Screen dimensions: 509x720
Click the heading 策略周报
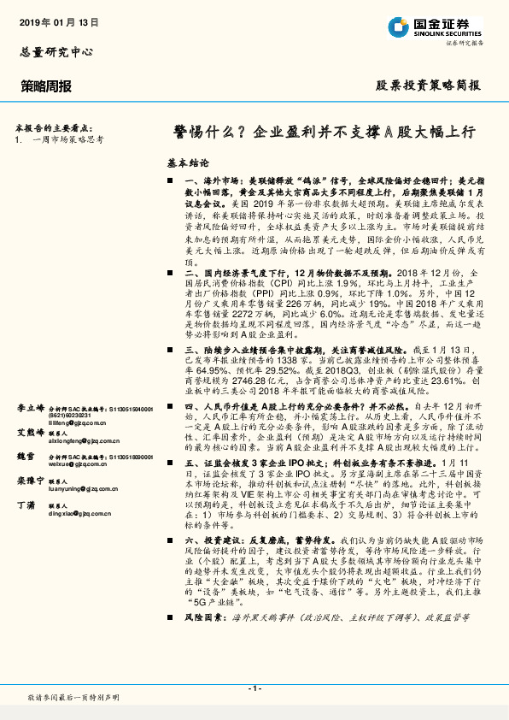(x=46, y=86)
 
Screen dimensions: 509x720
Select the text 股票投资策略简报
(x=428, y=86)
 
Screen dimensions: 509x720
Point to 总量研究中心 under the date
(x=56, y=52)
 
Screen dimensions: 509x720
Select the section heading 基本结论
(x=187, y=162)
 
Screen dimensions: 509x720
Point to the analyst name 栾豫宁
(x=32, y=481)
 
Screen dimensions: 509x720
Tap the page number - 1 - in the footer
(x=254, y=688)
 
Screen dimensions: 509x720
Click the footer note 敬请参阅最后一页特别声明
(x=73, y=699)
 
